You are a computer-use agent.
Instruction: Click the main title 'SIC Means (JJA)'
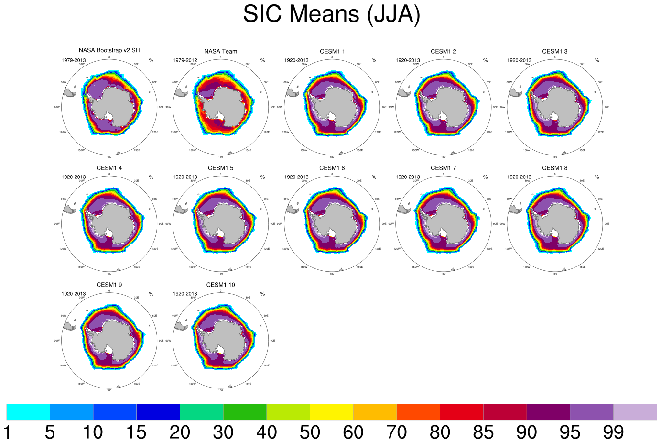pos(331,14)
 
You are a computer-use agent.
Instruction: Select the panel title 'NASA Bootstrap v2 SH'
pos(109,50)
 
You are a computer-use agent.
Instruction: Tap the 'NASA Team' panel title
pos(220,51)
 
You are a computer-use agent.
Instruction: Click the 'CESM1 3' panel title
pos(554,51)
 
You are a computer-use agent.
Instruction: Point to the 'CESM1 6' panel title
pos(332,168)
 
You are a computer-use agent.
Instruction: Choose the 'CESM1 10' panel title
pos(220,285)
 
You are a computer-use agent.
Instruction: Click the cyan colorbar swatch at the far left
pos(28,412)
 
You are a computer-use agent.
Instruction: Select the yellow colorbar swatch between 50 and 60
pos(332,412)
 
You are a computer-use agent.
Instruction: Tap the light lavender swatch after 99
pos(635,412)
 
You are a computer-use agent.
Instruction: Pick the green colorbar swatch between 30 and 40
pos(245,412)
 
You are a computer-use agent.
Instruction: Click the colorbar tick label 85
pos(483,432)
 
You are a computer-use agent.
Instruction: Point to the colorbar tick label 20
pos(180,432)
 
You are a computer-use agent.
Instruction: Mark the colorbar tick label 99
pos(613,432)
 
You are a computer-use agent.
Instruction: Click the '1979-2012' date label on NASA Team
pos(185,60)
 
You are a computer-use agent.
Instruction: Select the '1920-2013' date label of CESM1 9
pos(74,294)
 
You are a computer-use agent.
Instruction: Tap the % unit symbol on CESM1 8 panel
pos(596,177)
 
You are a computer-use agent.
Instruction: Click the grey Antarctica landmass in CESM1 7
pos(449,220)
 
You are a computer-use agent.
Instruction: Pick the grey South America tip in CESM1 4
pos(70,209)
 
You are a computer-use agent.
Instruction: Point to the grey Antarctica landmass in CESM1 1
pos(337,103)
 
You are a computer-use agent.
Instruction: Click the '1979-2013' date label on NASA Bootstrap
pos(74,60)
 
